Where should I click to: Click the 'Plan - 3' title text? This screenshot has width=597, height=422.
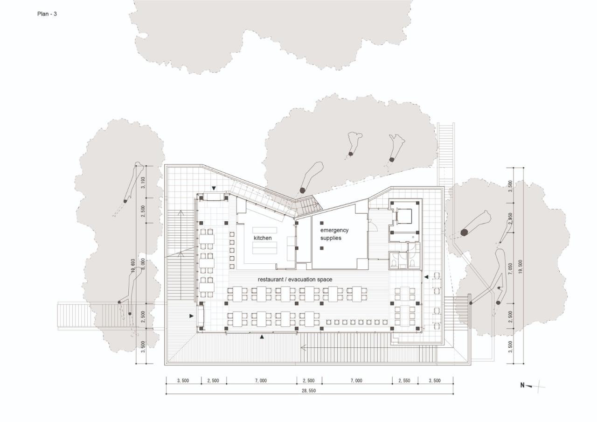(x=47, y=14)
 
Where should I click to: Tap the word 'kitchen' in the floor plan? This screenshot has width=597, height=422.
(x=263, y=238)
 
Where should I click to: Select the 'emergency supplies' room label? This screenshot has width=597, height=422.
(x=334, y=234)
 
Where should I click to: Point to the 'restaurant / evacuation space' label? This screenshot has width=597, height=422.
(x=295, y=279)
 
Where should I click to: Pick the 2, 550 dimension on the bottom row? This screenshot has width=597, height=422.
(x=404, y=380)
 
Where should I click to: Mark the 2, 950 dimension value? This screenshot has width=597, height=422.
(x=510, y=219)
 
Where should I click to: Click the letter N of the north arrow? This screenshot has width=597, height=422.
(x=523, y=386)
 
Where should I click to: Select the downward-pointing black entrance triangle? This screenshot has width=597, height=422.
(x=214, y=188)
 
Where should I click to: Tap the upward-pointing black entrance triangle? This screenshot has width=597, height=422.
(x=262, y=337)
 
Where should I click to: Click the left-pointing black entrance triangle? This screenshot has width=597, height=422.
(x=426, y=277)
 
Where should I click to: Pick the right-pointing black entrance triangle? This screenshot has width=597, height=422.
(x=191, y=316)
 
